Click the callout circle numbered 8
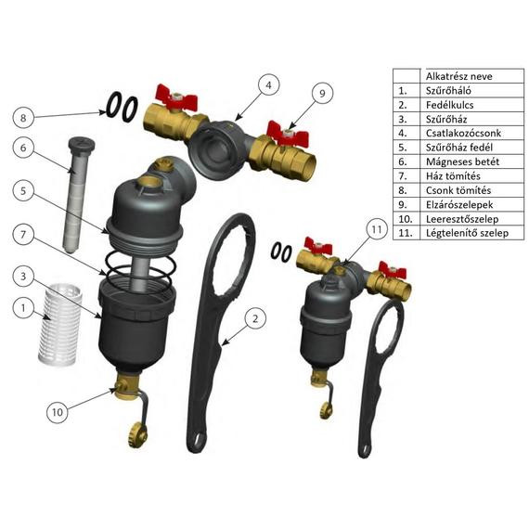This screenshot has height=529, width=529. click(x=23, y=118)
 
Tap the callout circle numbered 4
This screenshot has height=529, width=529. click(x=268, y=85)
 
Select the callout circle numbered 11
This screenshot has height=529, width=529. click(x=377, y=230)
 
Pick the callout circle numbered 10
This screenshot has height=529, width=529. click(x=58, y=412)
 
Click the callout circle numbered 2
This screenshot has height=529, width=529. click(x=255, y=318)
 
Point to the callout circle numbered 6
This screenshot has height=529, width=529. click(x=23, y=148)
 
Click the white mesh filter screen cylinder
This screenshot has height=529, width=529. click(x=59, y=324)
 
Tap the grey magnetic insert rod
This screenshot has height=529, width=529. click(x=78, y=196)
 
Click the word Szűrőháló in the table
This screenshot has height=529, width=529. click(x=448, y=90)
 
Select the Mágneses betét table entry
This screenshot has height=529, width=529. click(x=462, y=161)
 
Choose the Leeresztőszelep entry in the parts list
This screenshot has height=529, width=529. click(x=462, y=219)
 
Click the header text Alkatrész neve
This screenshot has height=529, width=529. click(x=458, y=76)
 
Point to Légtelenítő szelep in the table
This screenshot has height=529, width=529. click(x=467, y=233)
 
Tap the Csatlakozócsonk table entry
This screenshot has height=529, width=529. click(x=463, y=133)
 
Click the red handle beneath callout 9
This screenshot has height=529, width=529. click(x=288, y=135)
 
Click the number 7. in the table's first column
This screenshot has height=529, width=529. click(x=403, y=176)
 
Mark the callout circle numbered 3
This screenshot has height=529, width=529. click(x=23, y=277)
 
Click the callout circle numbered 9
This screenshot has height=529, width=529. click(x=322, y=93)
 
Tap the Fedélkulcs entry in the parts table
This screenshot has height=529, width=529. click(x=449, y=105)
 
